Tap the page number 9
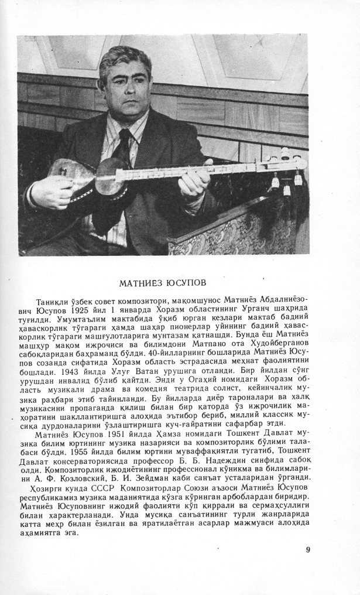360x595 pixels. click(308, 549)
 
